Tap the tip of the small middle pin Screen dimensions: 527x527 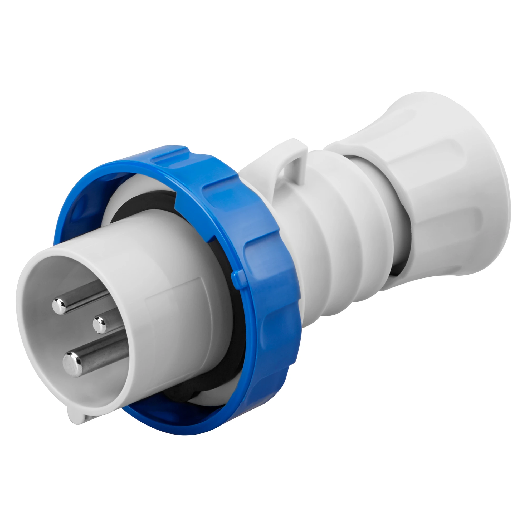pos(100,325)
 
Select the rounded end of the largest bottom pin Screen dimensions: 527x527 pos(72,364)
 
